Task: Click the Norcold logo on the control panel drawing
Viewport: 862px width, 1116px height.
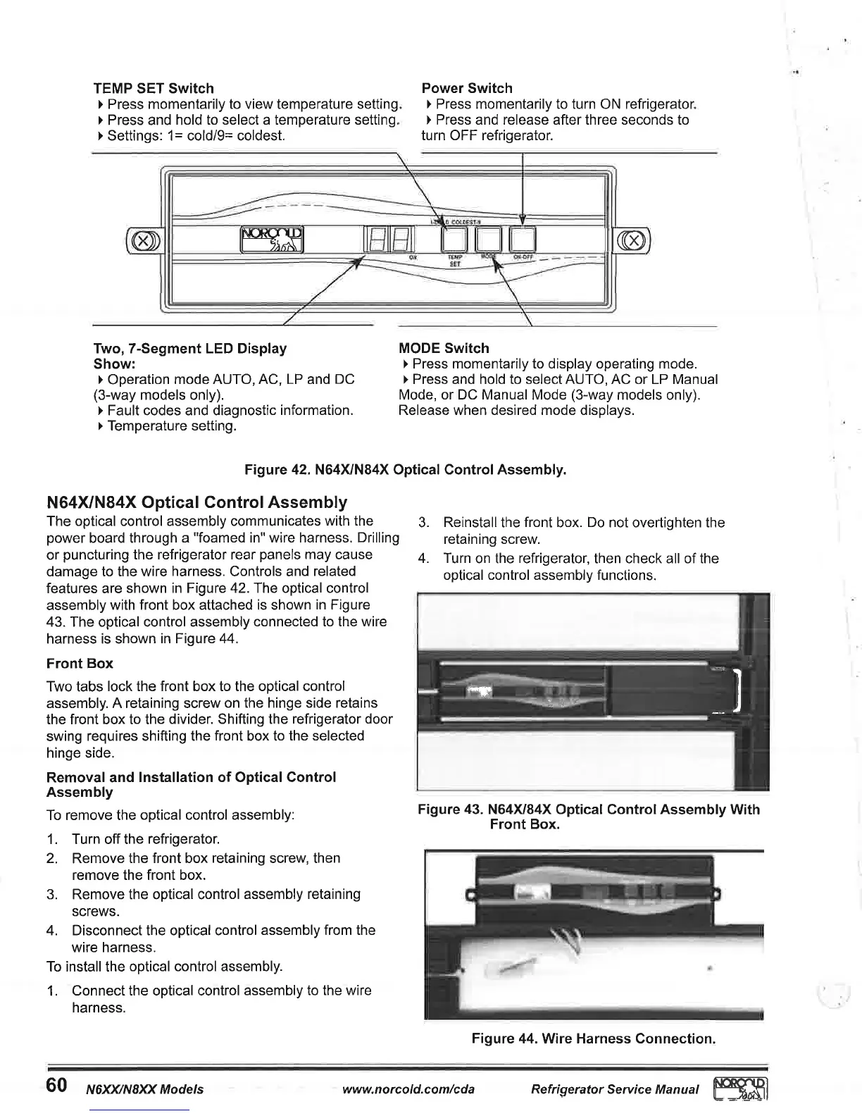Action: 273,240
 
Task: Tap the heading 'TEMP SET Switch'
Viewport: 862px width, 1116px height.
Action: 154,88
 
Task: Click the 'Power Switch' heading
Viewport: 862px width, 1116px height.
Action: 466,88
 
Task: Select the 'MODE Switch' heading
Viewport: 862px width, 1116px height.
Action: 444,348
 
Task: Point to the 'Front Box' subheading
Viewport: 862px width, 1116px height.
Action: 80,664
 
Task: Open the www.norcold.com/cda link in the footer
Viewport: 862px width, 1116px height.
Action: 408,1089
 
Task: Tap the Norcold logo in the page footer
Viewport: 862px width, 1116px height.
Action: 739,1089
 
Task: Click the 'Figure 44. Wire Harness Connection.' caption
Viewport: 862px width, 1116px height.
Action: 593,1038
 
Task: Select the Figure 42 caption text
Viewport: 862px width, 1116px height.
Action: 405,469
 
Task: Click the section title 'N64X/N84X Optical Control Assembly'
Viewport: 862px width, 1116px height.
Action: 196,502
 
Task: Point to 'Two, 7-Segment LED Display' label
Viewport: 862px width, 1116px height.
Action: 190,348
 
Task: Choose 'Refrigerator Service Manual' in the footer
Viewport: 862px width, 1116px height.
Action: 615,1089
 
